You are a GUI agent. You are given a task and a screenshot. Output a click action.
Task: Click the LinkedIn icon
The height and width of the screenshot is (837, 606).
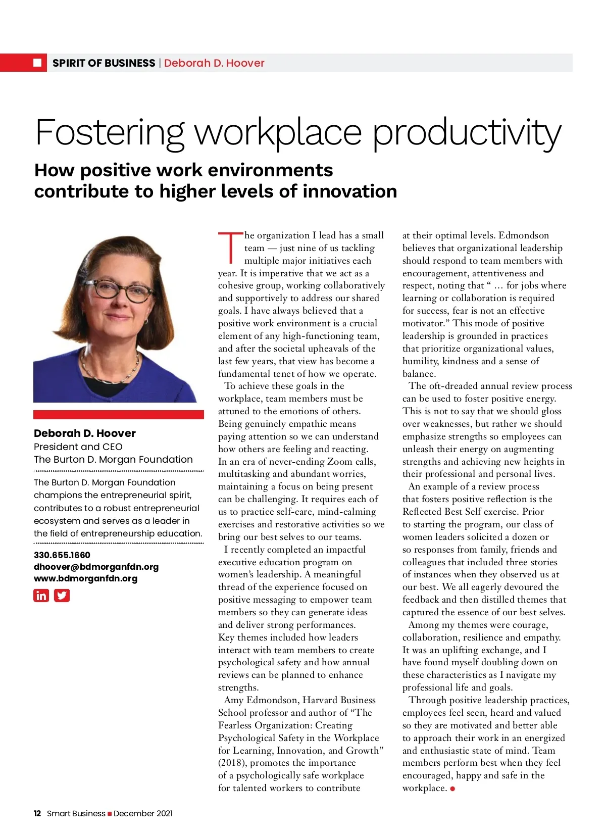(x=41, y=596)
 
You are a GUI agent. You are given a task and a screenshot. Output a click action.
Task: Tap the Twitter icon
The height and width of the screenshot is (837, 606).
(x=62, y=596)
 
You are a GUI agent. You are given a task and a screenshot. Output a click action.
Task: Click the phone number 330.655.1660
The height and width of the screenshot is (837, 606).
(x=62, y=555)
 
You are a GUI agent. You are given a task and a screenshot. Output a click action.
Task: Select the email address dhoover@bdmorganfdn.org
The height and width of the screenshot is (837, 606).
(x=96, y=567)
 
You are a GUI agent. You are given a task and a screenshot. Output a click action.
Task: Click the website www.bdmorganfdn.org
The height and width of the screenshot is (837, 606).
(x=85, y=578)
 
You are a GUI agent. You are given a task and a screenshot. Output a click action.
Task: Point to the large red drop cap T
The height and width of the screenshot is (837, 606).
(x=230, y=248)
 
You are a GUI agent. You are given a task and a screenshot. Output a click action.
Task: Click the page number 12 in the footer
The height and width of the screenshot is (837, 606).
(x=37, y=813)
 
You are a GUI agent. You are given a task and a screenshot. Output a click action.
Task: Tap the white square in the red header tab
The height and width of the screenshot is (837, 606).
(x=37, y=63)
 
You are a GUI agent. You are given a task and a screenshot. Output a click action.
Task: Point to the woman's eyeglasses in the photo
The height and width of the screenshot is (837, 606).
(x=117, y=291)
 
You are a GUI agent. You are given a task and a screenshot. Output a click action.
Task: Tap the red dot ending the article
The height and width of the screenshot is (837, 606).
(x=452, y=789)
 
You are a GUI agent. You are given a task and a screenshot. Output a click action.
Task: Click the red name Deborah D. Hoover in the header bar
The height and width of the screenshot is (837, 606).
(x=214, y=63)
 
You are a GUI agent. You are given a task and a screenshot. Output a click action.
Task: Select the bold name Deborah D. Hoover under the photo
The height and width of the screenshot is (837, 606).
(x=84, y=433)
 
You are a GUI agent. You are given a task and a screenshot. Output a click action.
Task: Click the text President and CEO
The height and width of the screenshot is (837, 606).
(x=78, y=447)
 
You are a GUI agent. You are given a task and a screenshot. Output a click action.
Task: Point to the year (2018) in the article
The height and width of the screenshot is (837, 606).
(x=232, y=763)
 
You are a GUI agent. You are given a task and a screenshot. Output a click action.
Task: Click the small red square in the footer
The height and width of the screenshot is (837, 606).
(x=110, y=814)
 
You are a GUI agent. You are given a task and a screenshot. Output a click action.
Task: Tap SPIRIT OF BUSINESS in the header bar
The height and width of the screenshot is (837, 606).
(x=104, y=63)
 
